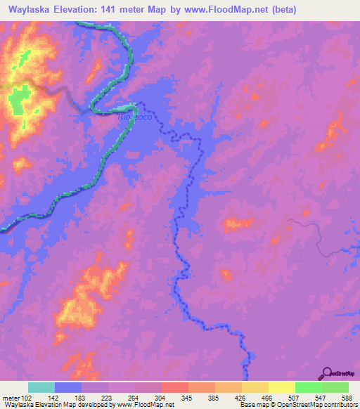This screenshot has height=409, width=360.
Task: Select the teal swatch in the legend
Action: pos(41,387)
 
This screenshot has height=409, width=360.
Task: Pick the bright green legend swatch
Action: pos(308,387)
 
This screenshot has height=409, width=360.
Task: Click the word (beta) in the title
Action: pos(281,10)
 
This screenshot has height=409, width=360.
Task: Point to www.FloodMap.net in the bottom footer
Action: pos(139,405)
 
